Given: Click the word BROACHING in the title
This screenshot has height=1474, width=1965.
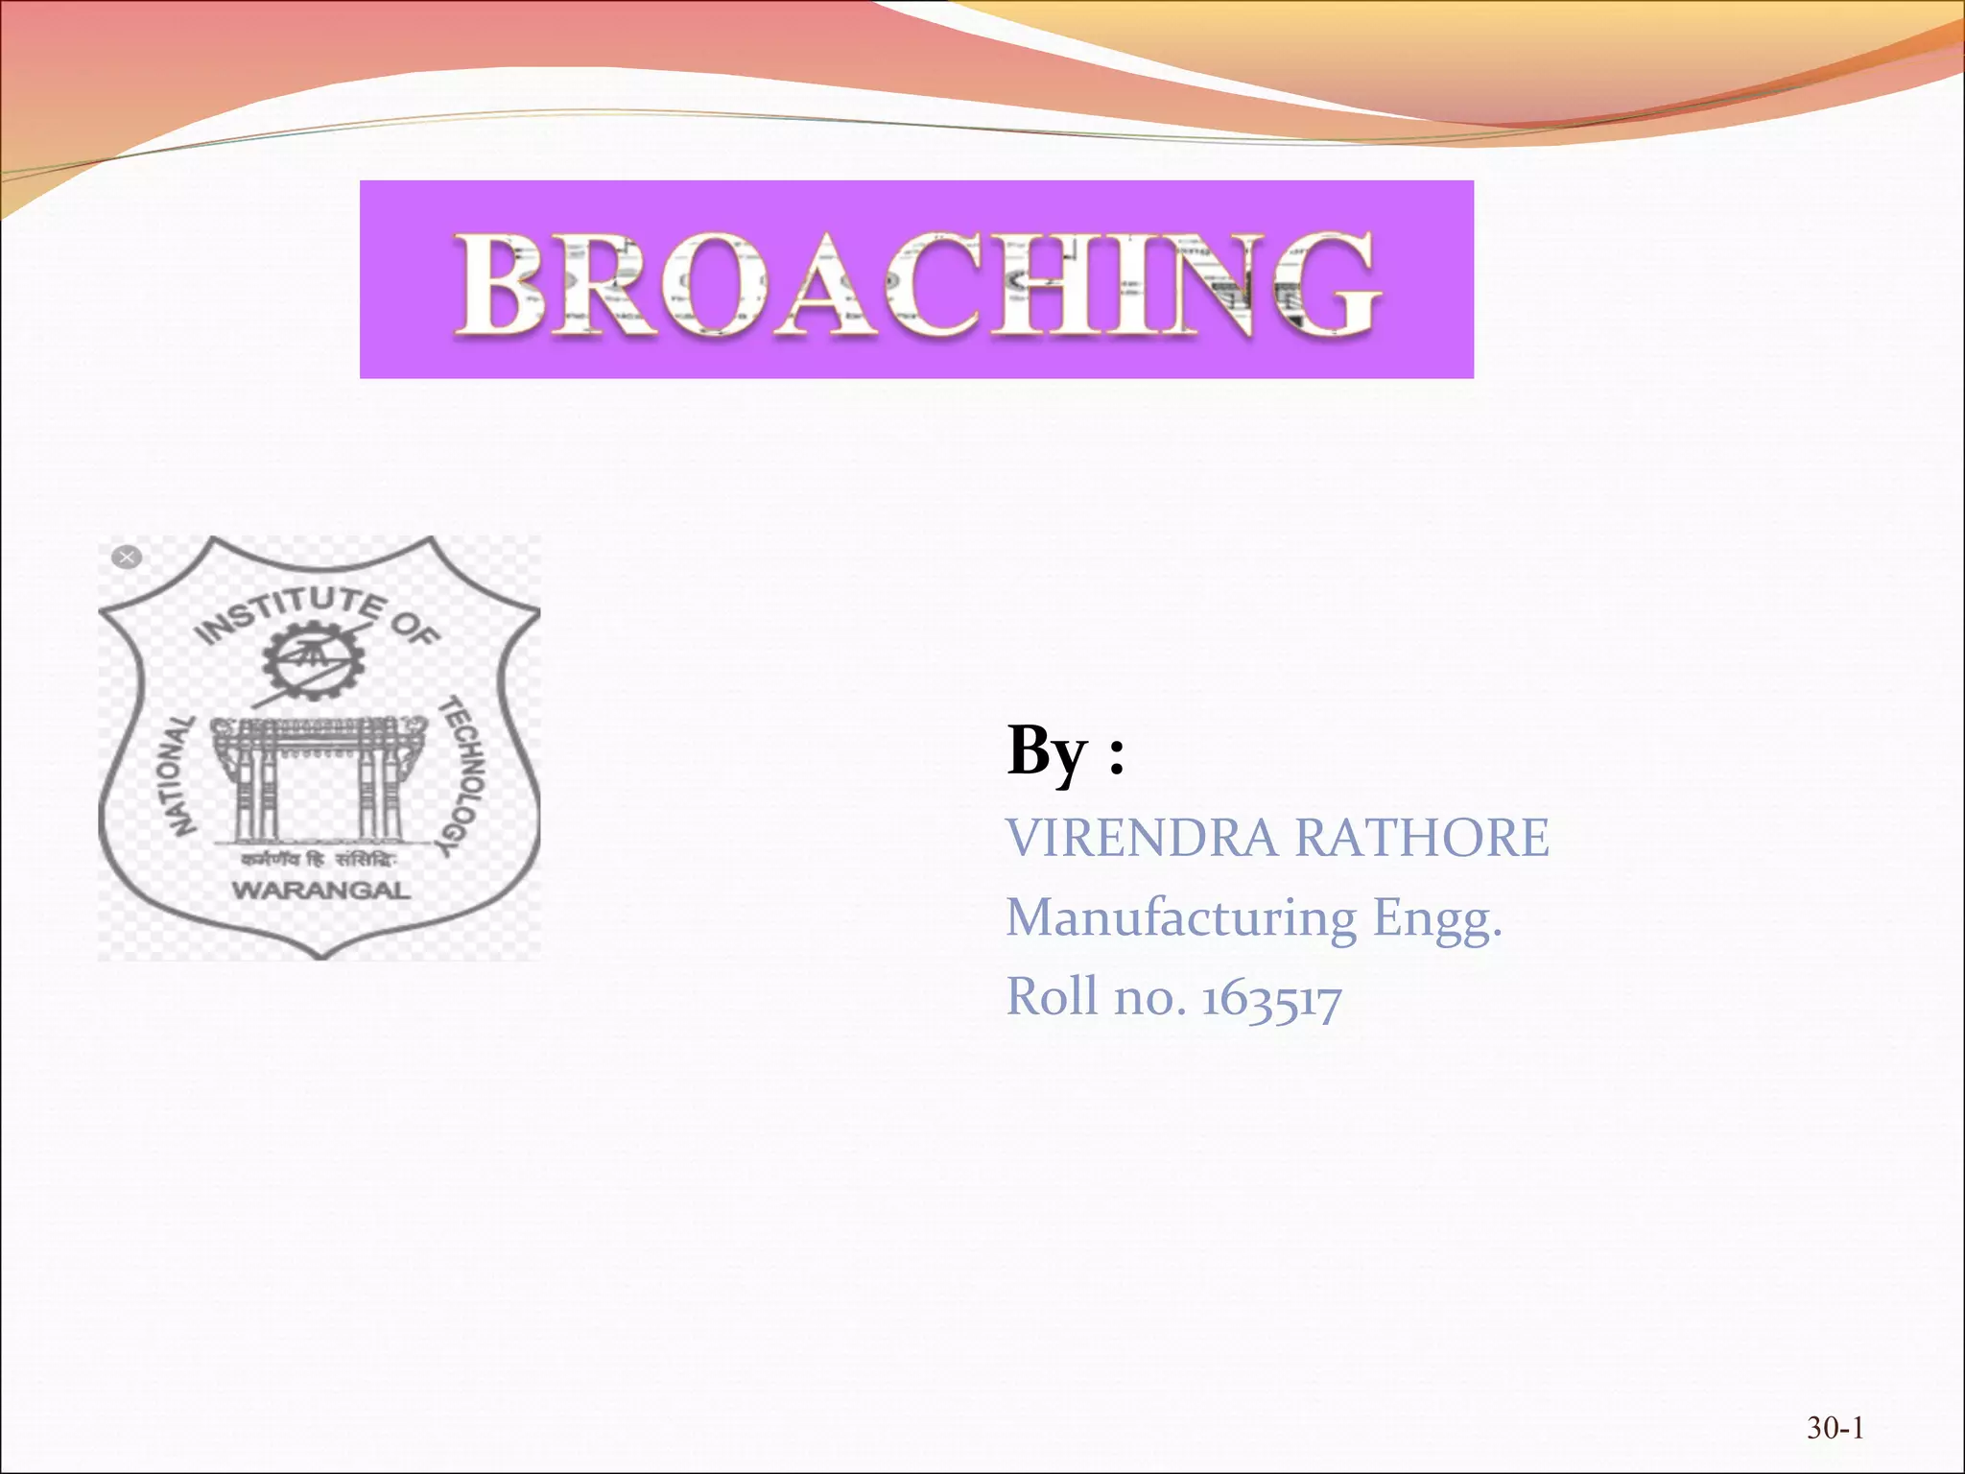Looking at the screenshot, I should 916,285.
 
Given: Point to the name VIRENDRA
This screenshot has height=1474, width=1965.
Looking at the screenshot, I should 1142,837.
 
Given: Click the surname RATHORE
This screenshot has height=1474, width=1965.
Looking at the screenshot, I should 1422,837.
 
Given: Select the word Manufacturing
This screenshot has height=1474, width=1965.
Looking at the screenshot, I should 1181,917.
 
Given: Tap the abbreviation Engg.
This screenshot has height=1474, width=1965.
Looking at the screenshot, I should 1436,919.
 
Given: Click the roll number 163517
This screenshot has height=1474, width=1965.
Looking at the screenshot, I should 1271,998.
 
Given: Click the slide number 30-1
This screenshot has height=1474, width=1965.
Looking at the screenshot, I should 1835,1428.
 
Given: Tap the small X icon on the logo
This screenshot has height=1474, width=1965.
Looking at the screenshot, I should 127,557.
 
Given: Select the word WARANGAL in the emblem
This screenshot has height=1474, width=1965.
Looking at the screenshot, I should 321,891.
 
